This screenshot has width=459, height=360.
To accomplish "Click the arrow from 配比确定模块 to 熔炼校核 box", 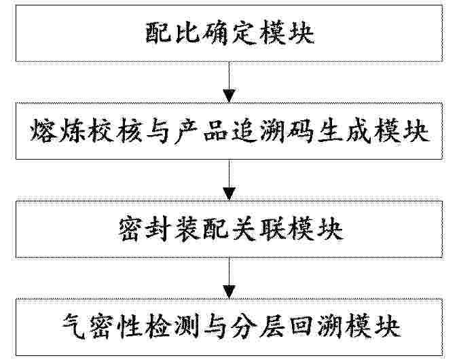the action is pos(229,82).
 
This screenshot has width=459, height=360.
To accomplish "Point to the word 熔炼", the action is pos(58,130).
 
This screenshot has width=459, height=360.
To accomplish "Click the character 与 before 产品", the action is pos(158,130).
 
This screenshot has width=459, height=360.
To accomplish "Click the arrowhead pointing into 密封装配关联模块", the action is pos(229,194).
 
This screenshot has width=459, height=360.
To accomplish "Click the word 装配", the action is pos(202,229).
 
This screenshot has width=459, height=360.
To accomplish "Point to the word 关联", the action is pos(258,229).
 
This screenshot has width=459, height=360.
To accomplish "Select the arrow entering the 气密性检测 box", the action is pos(229,278).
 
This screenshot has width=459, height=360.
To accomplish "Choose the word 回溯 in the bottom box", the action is pos(315,327).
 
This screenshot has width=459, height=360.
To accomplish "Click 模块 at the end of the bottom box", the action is pos(372,327).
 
